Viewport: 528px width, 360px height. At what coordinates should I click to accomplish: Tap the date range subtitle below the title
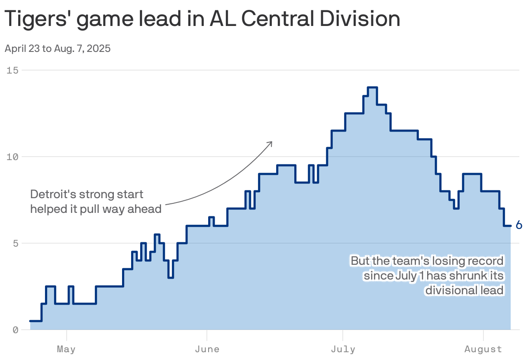point(58,48)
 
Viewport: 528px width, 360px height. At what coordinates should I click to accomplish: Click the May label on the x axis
point(66,349)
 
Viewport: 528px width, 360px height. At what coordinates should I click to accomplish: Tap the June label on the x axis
point(207,349)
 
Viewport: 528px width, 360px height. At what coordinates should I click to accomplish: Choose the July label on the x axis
point(343,349)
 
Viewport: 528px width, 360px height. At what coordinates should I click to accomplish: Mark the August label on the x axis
point(483,349)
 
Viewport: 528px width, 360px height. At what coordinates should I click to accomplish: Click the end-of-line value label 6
point(519,225)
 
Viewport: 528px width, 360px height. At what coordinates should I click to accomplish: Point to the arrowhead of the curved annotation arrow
point(271,142)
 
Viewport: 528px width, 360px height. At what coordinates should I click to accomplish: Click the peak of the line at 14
point(372,87)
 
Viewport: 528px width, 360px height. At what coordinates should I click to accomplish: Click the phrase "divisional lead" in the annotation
point(464,290)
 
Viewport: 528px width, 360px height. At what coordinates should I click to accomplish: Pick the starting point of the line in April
point(30,321)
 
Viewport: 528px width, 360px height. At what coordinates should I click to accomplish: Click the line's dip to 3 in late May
point(171,277)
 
